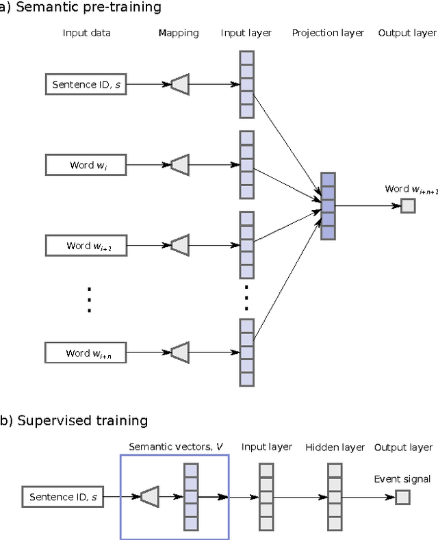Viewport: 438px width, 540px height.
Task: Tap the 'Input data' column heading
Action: (x=86, y=33)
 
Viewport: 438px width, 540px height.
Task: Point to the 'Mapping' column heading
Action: (x=178, y=33)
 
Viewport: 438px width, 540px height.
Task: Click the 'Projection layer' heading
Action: (x=328, y=33)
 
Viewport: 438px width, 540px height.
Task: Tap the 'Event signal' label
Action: (x=402, y=479)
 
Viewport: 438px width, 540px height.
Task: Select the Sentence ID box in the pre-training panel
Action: (x=86, y=85)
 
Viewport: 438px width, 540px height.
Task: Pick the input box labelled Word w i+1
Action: (x=86, y=245)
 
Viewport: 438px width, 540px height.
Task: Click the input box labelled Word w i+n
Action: (x=86, y=352)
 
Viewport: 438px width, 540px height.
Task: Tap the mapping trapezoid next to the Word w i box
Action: (x=179, y=165)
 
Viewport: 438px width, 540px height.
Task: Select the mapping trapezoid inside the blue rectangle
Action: (x=149, y=497)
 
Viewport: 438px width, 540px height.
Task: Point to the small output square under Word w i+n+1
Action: (x=408, y=205)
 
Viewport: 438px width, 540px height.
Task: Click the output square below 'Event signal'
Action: (x=402, y=497)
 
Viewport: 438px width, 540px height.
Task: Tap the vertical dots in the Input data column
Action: (x=88, y=299)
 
